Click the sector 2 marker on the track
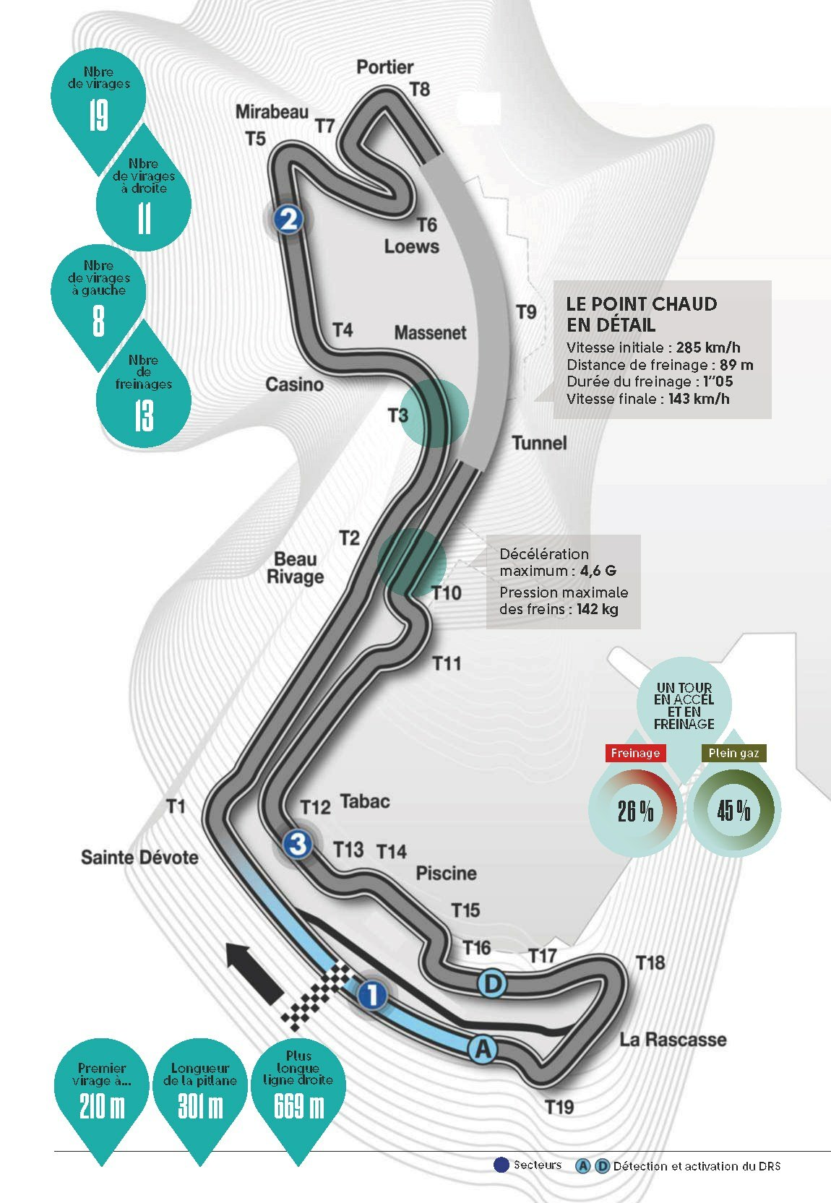[x=288, y=219]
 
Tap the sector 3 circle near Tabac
[x=298, y=843]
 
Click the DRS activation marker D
[x=493, y=984]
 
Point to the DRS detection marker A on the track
[x=483, y=1048]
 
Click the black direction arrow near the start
[x=254, y=972]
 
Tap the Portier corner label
[x=385, y=67]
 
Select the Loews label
[x=411, y=246]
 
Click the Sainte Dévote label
[x=139, y=857]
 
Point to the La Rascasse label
[x=673, y=1039]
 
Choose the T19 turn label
[x=560, y=1107]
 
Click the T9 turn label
[x=527, y=311]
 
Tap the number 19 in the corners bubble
[x=98, y=116]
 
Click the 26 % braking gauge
[x=635, y=811]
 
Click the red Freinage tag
[x=635, y=753]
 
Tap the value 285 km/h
[x=708, y=348]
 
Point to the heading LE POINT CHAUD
[x=642, y=304]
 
